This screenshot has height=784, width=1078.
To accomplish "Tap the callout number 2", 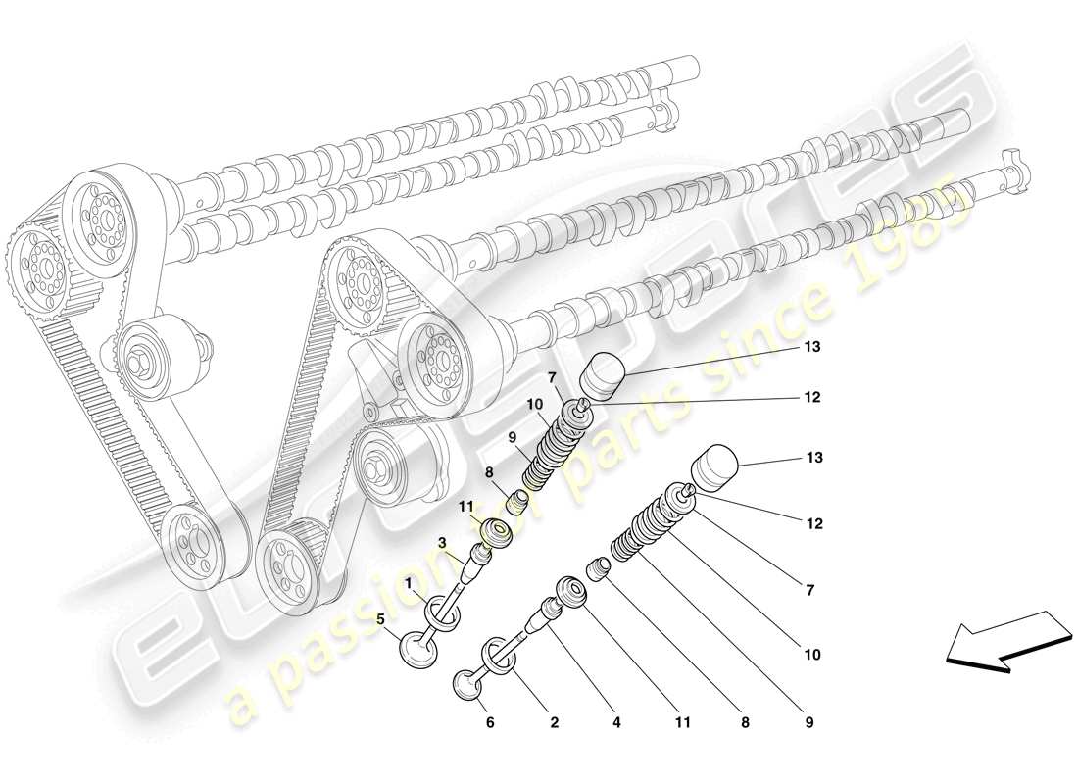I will [554, 723].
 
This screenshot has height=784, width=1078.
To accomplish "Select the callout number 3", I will [443, 542].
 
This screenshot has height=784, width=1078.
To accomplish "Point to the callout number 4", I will [617, 723].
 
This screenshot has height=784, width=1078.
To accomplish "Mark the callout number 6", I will [490, 723].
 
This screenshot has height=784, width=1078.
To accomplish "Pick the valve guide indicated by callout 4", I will [542, 619].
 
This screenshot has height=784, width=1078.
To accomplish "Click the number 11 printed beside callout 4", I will [682, 723].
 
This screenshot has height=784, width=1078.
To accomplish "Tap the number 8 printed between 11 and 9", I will [746, 723].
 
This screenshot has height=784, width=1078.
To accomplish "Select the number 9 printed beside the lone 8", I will [808, 723].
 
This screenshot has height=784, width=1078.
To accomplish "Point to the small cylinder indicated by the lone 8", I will [599, 568].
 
